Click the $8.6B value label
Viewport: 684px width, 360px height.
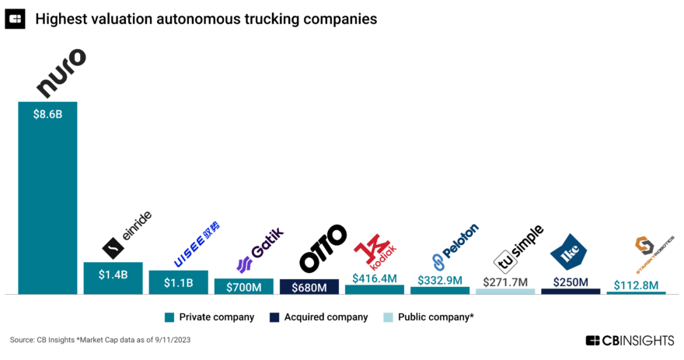coord(47,113)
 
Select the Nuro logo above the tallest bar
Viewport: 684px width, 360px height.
coord(61,74)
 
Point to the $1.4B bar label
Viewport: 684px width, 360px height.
coord(113,274)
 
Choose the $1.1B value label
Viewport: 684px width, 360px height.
coord(178,282)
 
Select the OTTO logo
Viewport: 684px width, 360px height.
coord(322,248)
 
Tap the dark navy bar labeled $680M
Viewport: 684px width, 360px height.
coord(309,287)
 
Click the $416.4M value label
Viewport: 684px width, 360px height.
coord(375,278)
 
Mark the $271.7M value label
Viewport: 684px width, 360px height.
coord(505,281)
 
